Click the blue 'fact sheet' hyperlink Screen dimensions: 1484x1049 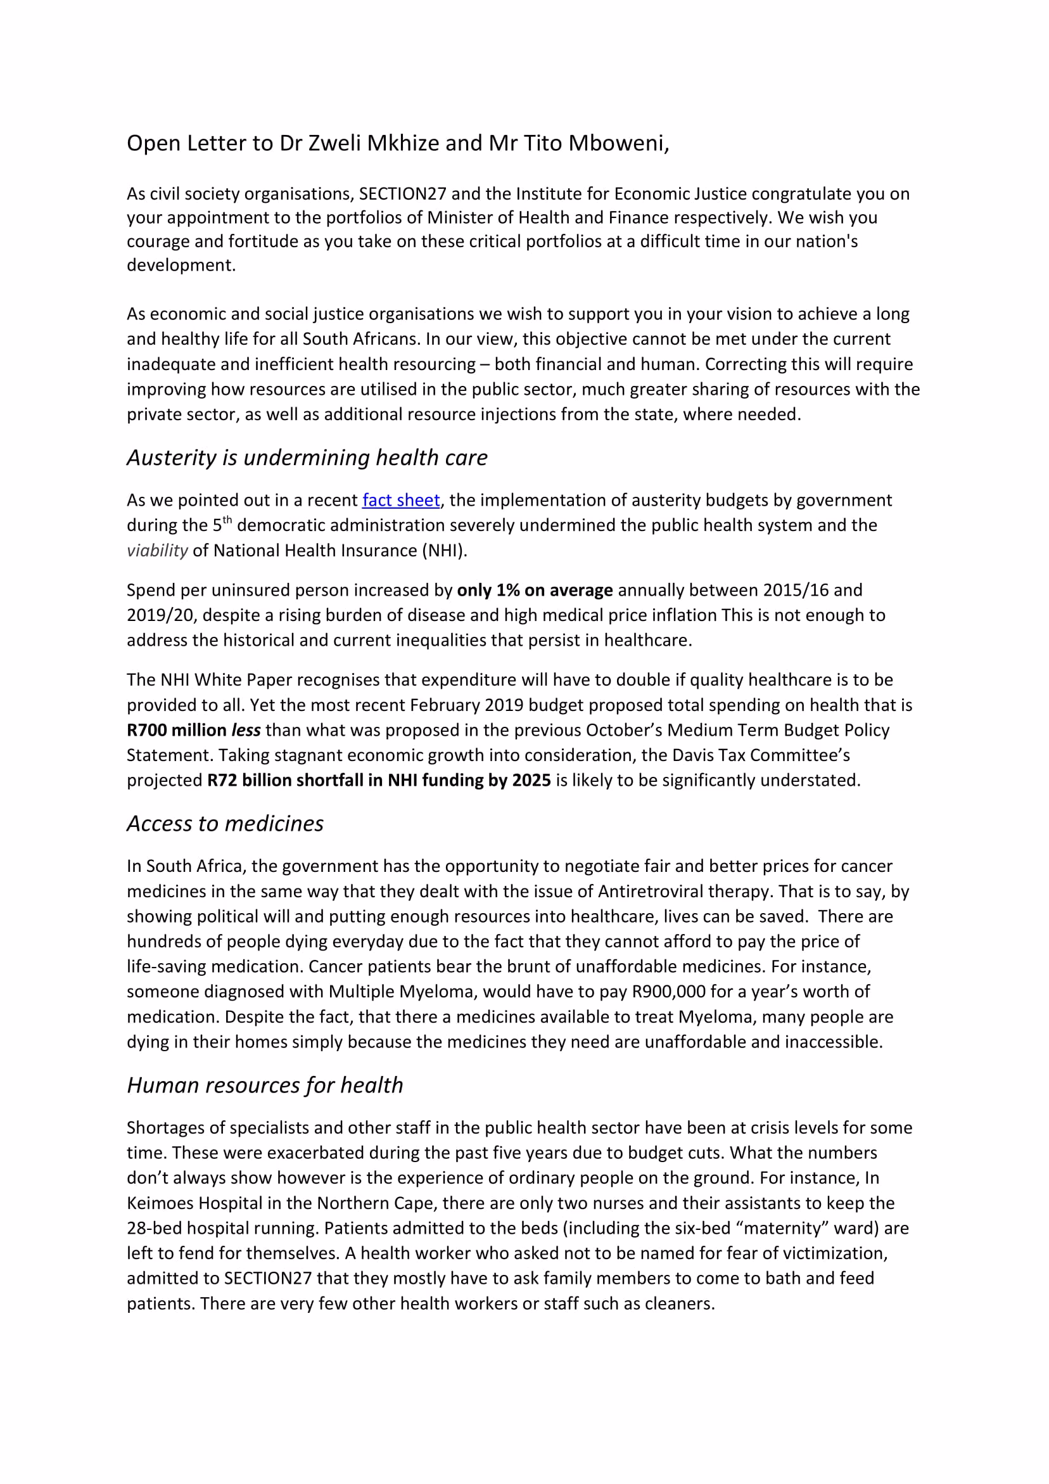click(401, 501)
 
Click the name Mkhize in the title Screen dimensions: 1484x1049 click(403, 143)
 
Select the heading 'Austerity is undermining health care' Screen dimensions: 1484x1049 click(307, 457)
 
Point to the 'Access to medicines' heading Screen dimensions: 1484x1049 click(225, 824)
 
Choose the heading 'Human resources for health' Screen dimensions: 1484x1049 click(265, 1085)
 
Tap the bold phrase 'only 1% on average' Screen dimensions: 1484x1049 click(535, 591)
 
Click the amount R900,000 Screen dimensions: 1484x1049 click(669, 992)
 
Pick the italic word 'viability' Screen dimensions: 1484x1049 click(157, 551)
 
